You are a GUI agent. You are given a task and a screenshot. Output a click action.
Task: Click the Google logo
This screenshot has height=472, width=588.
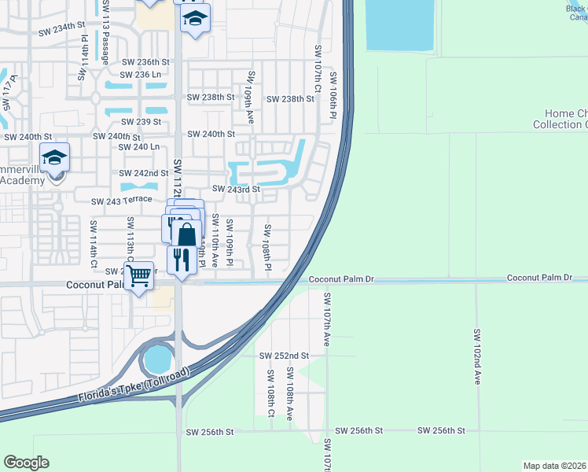pyautogui.click(x=27, y=463)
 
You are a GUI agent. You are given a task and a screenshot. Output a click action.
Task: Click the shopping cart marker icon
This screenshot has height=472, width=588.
pyautogui.click(x=138, y=275)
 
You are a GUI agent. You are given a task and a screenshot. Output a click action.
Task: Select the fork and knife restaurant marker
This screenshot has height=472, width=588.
pyautogui.click(x=182, y=258)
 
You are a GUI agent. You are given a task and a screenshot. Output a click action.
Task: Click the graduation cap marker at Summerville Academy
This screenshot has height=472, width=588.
pyautogui.click(x=54, y=158)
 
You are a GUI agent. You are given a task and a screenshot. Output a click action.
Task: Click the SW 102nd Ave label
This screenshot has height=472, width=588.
pyautogui.click(x=476, y=355)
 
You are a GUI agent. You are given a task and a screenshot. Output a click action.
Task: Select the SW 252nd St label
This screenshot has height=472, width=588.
pyautogui.click(x=285, y=356)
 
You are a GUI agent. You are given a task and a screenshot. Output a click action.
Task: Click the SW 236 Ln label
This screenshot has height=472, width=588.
pyautogui.click(x=141, y=75)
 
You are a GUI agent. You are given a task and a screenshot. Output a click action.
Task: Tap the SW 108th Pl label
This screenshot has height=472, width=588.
pyautogui.click(x=267, y=248)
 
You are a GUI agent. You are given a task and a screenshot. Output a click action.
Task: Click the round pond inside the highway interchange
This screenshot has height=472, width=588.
pyautogui.click(x=158, y=361)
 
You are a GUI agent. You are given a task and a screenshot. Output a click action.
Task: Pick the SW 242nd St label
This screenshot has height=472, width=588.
pyautogui.click(x=144, y=173)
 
